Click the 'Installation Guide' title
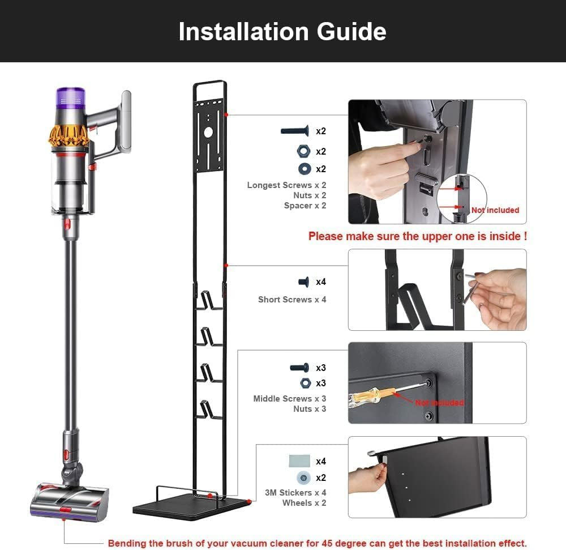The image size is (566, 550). pyautogui.click(x=282, y=31)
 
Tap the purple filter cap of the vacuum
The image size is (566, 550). pyautogui.click(x=70, y=98)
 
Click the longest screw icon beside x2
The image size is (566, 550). pyautogui.click(x=294, y=131)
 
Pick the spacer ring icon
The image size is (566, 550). pyautogui.click(x=302, y=169)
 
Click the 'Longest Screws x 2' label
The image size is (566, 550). pyautogui.click(x=286, y=185)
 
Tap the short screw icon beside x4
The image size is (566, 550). pyautogui.click(x=303, y=282)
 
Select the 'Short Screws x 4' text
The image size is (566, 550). pyautogui.click(x=292, y=300)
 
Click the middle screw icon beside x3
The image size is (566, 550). pyautogui.click(x=299, y=368)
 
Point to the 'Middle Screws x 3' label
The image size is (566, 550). pyautogui.click(x=289, y=399)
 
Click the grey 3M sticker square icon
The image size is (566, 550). pyautogui.click(x=299, y=460)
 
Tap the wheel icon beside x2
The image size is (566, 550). pyautogui.click(x=303, y=477)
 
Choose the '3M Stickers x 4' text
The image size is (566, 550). pyautogui.click(x=295, y=493)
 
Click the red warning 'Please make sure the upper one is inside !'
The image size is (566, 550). pyautogui.click(x=417, y=236)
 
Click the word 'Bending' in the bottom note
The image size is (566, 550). pyautogui.click(x=127, y=543)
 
